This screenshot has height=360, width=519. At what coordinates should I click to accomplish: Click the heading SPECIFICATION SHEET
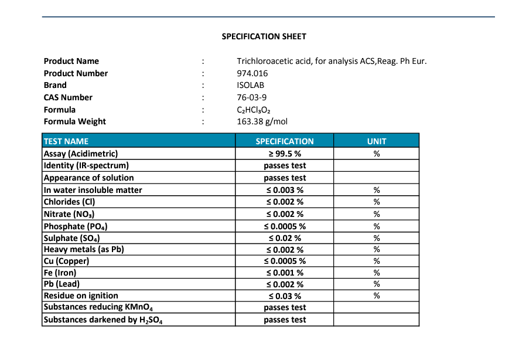coord(264,36)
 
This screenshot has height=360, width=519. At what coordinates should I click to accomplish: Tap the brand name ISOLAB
coord(250,85)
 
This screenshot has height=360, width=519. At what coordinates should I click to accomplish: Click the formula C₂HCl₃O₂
coord(254,110)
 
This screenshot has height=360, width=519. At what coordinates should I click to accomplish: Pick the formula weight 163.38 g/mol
coord(262,122)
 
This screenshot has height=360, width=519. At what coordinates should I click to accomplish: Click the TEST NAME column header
coord(66,141)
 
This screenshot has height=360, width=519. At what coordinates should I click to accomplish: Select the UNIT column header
coord(377,141)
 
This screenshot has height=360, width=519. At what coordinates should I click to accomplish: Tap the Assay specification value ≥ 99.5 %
coord(285,154)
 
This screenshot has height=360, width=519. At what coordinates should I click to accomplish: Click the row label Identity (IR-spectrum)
coord(86,166)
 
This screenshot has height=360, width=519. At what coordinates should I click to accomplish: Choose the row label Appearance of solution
coord(88,178)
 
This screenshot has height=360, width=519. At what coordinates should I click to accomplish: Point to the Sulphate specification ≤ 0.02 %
coord(285,238)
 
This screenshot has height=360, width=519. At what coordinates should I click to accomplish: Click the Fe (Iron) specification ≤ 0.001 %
coord(285,273)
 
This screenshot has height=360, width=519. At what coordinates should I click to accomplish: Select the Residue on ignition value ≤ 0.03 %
coord(285,296)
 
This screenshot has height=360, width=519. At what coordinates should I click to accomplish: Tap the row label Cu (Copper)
coord(66,261)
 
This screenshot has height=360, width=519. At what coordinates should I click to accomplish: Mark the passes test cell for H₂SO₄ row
coord(285,320)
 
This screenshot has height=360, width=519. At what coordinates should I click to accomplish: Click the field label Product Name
coord(71,61)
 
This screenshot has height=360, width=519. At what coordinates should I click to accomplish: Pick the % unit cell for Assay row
coord(377,154)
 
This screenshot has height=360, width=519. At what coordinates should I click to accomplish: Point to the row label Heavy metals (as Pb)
coord(84,249)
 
